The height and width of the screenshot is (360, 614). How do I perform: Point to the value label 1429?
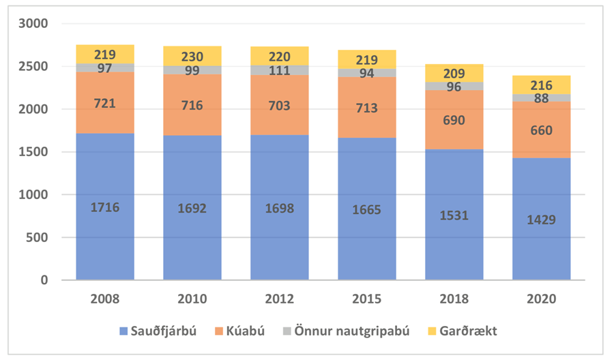[542, 220]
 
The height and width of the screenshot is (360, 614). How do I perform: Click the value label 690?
[454, 120]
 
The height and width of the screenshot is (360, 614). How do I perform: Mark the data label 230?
[192, 57]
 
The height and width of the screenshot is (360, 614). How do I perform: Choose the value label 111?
[280, 71]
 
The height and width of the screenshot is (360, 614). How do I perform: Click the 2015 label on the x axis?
[367, 299]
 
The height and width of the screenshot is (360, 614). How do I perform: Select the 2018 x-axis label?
[454, 299]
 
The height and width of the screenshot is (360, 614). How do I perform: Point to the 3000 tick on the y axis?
[34, 24]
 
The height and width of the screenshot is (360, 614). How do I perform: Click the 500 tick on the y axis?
[38, 238]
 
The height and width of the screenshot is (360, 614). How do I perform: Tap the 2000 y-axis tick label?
[34, 110]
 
